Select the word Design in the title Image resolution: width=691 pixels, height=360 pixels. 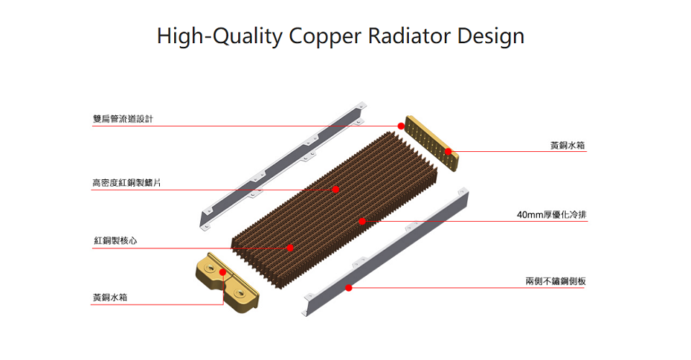click(491, 36)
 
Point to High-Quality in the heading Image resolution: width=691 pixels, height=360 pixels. click(220, 36)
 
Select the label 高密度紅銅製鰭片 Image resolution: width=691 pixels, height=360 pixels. click(127, 183)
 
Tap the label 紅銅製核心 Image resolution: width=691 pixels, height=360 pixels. click(114, 240)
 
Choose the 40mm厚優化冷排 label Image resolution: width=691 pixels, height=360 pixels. click(551, 215)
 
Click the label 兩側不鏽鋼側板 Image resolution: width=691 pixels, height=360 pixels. click(556, 280)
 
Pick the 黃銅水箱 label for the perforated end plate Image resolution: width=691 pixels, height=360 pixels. click(568, 145)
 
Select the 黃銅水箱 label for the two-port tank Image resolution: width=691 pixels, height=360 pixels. click(110, 297)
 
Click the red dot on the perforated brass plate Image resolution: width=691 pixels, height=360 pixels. click(448, 152)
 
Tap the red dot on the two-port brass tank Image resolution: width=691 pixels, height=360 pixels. click(224, 272)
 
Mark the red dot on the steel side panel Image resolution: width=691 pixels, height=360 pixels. click(348, 288)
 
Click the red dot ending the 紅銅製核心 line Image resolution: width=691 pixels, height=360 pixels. click(290, 248)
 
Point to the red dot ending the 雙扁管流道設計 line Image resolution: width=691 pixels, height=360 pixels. click(401, 126)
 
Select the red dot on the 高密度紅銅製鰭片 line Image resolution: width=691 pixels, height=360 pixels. click(335, 189)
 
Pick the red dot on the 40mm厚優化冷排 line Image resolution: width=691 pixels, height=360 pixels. click(362, 221)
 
